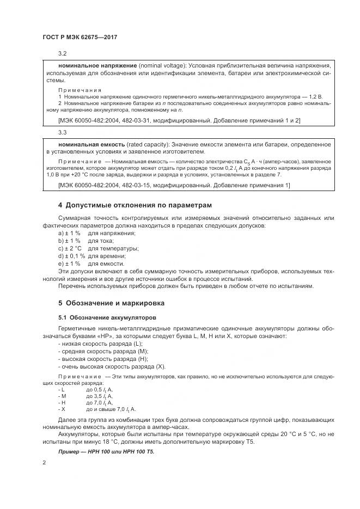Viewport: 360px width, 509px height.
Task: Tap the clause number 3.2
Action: coord(62,53)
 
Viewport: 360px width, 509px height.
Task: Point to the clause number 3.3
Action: coord(62,132)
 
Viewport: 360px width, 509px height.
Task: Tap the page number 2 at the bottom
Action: coord(45,463)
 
